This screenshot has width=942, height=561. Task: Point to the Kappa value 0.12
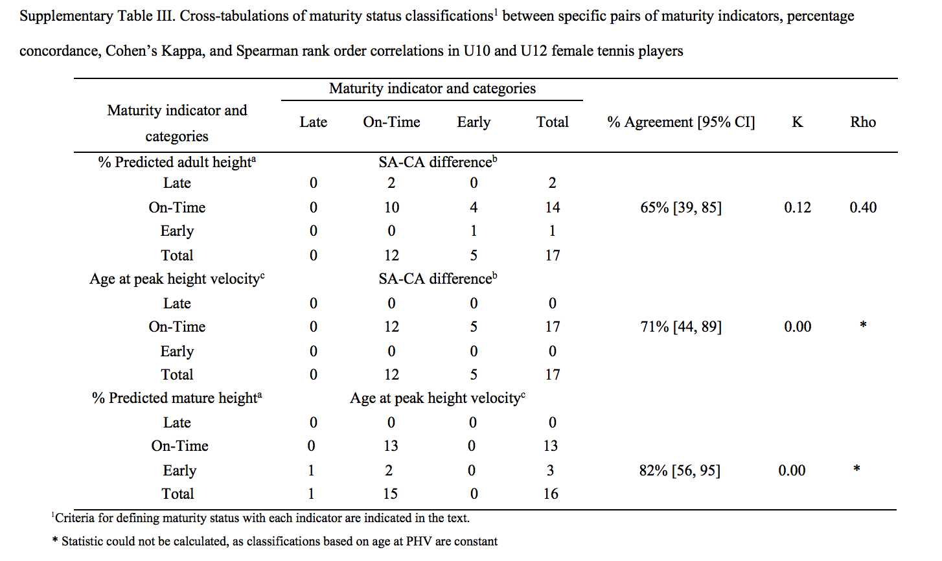798,207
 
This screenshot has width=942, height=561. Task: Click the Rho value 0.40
863,207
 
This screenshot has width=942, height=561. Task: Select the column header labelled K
798,122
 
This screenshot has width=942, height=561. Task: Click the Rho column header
863,122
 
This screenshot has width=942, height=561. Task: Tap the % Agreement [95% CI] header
682,122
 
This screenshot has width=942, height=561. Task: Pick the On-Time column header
391,122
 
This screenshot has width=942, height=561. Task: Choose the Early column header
474,122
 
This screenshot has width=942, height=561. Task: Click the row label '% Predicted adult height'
177,162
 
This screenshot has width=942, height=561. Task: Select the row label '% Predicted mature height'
177,398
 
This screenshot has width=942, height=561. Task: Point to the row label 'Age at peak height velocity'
177,279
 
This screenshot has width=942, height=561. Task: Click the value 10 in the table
391,207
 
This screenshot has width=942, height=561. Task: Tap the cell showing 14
552,207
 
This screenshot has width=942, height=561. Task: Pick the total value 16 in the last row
551,494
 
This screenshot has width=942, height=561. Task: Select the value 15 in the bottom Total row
390,494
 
